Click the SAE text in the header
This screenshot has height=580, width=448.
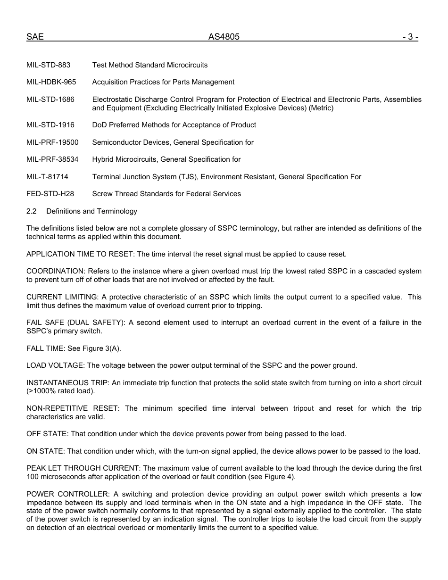click(35, 37)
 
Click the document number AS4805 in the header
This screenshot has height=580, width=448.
click(224, 37)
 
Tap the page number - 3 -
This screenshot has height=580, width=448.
click(410, 37)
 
